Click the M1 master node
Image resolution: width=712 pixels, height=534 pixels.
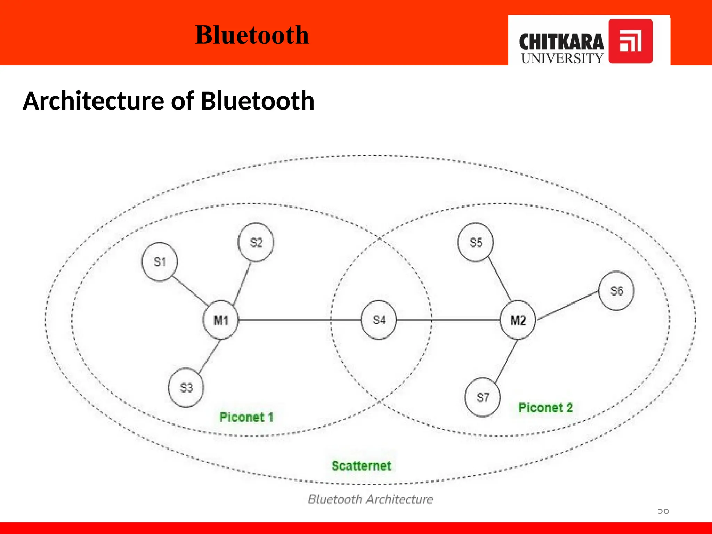point(221,320)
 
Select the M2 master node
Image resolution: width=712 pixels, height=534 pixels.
point(518,320)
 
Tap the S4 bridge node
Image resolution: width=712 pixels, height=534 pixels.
point(379,320)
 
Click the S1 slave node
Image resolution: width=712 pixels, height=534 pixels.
point(159,262)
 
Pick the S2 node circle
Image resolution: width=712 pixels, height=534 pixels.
point(256,242)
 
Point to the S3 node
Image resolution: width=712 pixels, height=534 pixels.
point(186,387)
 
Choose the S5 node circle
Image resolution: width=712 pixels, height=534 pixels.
point(476,242)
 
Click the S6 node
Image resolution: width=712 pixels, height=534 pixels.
point(616,291)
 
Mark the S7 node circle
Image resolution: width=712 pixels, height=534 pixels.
point(483,397)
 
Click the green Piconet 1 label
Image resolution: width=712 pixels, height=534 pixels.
point(246,417)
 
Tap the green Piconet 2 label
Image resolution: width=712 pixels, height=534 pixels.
point(545,407)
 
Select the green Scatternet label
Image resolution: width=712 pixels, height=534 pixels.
point(362,466)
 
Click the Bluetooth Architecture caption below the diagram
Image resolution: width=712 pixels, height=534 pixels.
point(371,499)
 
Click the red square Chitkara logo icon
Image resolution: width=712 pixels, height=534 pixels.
point(630,41)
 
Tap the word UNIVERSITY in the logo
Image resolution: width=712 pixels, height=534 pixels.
point(562,58)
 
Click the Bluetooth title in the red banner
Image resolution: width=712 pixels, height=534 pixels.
point(252,35)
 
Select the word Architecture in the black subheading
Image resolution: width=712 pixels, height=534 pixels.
point(94,101)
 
